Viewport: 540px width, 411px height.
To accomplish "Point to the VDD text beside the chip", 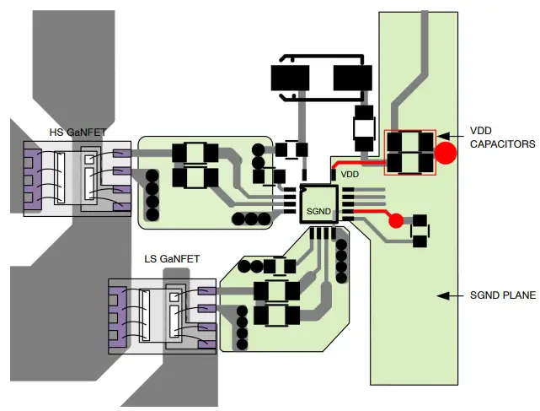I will click(350, 174).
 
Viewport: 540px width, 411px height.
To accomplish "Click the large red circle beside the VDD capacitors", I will click(446, 153).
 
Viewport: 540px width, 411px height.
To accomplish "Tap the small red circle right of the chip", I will click(395, 221).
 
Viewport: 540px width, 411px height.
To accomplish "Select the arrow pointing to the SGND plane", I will click(449, 296).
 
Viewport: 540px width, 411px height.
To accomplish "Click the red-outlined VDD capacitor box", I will click(410, 153).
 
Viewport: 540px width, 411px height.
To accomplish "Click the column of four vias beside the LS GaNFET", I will click(243, 327).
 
